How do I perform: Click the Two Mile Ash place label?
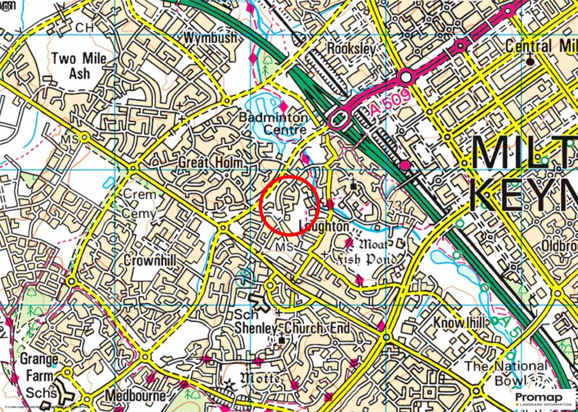[71, 65]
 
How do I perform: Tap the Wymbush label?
[210, 38]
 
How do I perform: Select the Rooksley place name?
[351, 49]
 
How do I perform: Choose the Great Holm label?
[211, 163]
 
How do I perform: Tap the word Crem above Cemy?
[139, 193]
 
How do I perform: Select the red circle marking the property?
[290, 205]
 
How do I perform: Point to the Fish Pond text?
[365, 260]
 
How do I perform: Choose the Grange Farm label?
[39, 367]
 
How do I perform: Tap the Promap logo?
[543, 400]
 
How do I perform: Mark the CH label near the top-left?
[84, 27]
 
